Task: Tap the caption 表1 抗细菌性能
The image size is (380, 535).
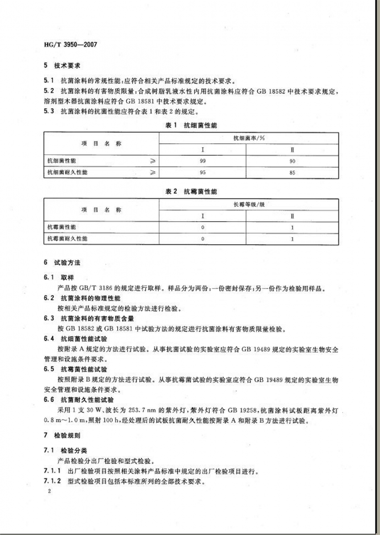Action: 190,126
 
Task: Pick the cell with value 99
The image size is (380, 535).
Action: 203,161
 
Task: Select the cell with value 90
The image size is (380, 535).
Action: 292,161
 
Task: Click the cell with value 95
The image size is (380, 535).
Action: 203,172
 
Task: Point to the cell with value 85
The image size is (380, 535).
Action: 292,172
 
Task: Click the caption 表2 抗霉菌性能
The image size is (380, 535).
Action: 190,191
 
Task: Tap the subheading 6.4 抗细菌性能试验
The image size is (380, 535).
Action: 75,339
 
